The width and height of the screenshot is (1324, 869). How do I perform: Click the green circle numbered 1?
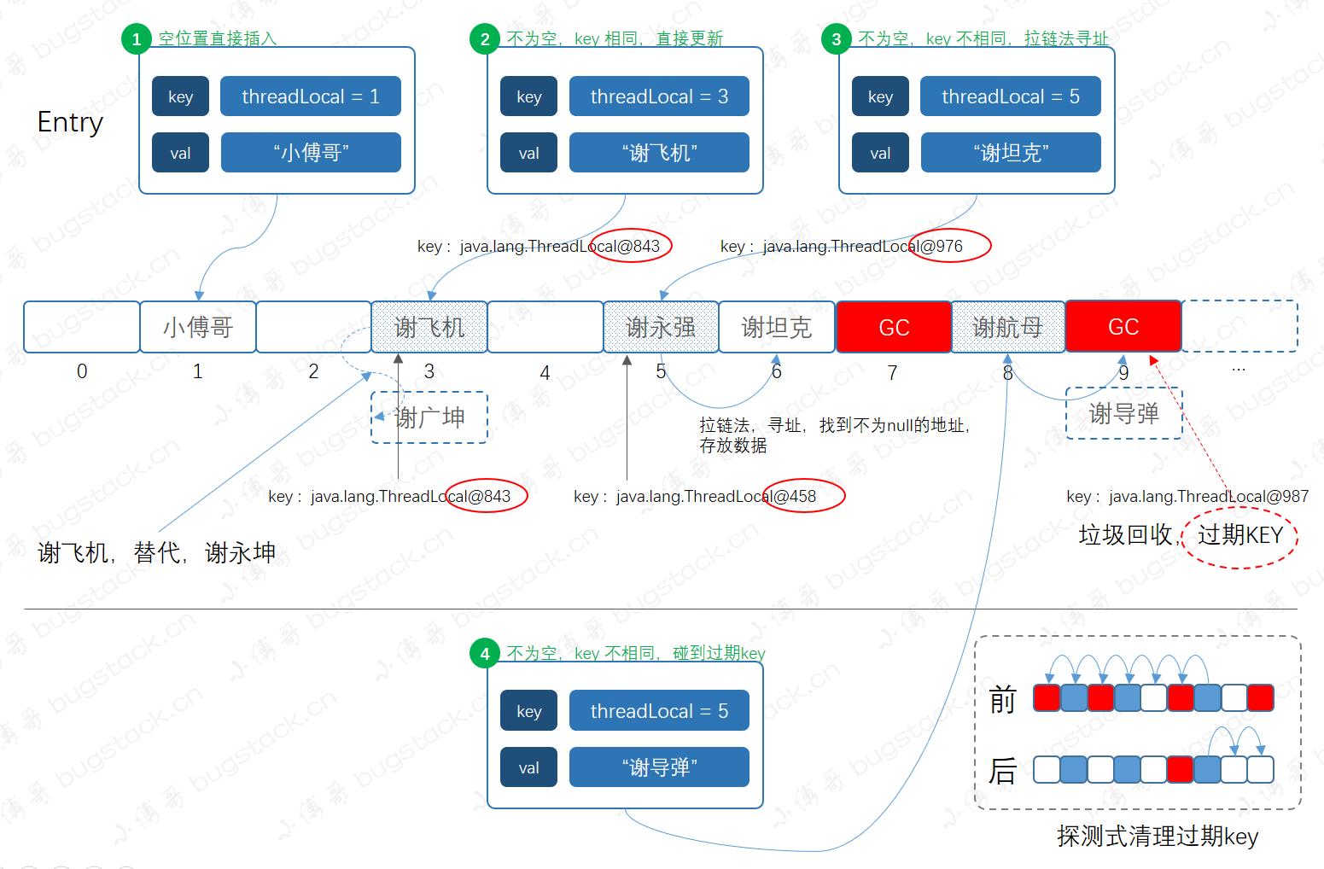[137, 39]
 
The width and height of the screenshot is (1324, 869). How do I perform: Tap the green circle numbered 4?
[485, 654]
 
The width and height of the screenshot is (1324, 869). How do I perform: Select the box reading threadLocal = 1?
[311, 96]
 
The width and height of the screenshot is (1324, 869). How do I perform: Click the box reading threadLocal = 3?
[659, 96]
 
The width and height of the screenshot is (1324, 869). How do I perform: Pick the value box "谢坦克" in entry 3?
[1011, 153]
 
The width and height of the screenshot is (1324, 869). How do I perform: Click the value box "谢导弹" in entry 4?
[659, 767]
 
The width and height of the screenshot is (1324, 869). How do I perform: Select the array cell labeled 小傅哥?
[198, 327]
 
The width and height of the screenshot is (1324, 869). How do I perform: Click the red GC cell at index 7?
[894, 327]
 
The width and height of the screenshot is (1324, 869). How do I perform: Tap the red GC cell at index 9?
[1123, 326]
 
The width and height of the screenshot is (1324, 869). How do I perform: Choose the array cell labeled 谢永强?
[661, 327]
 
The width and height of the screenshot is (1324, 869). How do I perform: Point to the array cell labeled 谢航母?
[1008, 327]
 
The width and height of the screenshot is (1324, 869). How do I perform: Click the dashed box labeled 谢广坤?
[429, 417]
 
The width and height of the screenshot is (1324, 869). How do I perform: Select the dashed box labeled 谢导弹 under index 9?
[1124, 414]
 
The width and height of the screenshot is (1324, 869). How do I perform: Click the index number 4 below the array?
[545, 373]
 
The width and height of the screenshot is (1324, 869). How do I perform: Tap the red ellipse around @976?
[950, 246]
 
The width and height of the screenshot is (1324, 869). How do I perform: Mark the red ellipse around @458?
[803, 496]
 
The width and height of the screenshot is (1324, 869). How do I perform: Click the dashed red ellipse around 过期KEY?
[1240, 536]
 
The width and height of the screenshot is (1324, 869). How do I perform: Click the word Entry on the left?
[70, 122]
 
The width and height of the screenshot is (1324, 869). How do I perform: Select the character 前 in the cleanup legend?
[1003, 701]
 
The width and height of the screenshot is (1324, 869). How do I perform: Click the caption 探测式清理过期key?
[1158, 836]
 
